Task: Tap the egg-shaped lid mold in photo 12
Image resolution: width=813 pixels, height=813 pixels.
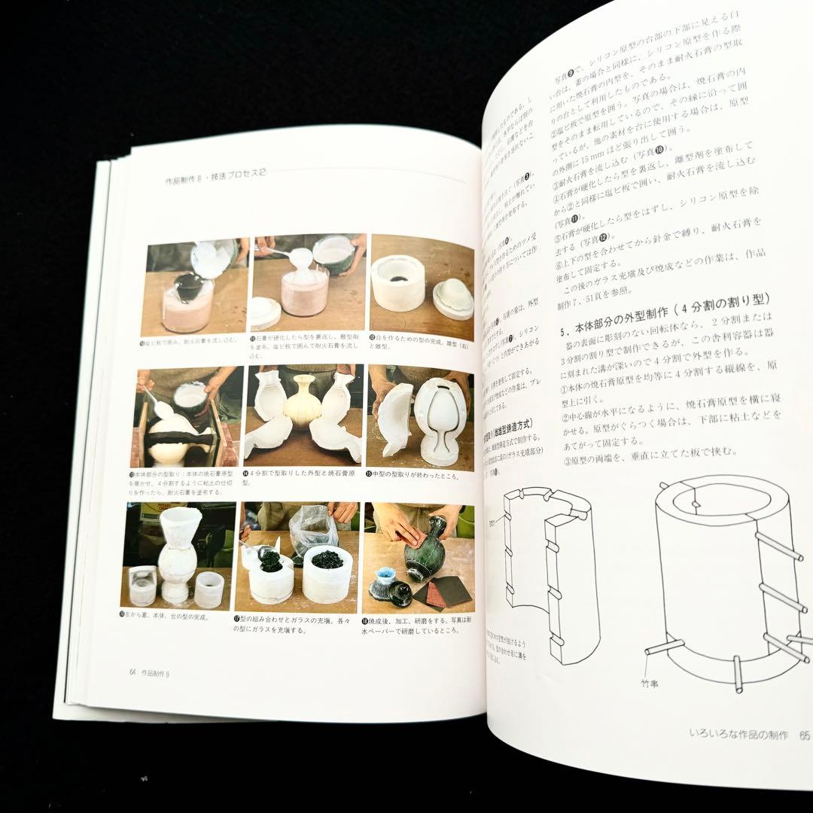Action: (x=453, y=297)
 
